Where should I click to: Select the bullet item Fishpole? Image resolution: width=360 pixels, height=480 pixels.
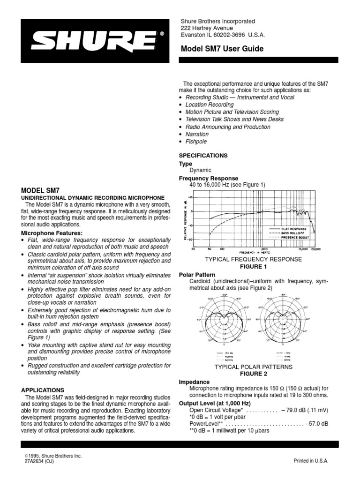click(196, 142)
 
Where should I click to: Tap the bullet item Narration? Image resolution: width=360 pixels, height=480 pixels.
click(197, 134)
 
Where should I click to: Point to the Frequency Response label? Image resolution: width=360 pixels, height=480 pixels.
click(209, 179)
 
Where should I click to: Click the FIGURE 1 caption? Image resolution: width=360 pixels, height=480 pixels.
click(253, 266)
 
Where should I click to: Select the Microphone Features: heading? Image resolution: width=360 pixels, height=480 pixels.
click(52, 233)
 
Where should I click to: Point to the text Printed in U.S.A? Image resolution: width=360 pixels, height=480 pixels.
click(311, 461)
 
